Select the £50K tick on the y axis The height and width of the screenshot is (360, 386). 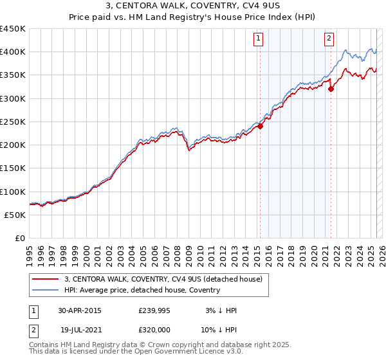tap(15, 215)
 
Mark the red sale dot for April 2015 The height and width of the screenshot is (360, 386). tap(260, 127)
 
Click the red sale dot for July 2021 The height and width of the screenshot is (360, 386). tap(331, 89)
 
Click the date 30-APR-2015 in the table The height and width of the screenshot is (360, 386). tap(80, 310)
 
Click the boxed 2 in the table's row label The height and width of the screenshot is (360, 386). tap(33, 331)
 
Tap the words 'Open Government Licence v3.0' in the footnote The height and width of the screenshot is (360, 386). tap(196, 352)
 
